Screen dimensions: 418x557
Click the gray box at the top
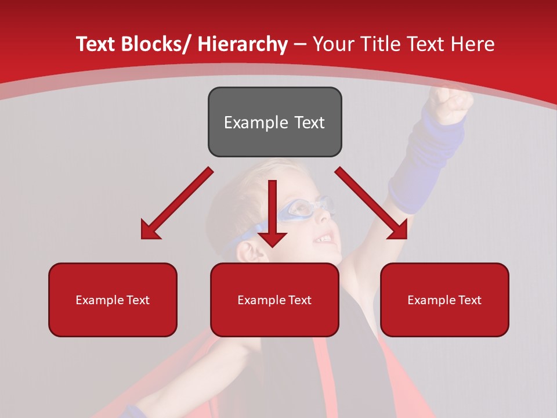[274, 122]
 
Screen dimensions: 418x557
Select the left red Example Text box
[113, 300]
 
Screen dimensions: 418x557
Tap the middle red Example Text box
[274, 300]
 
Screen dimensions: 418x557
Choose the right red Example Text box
[444, 300]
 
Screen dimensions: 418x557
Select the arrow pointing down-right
[371, 204]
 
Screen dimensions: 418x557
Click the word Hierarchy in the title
[243, 44]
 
